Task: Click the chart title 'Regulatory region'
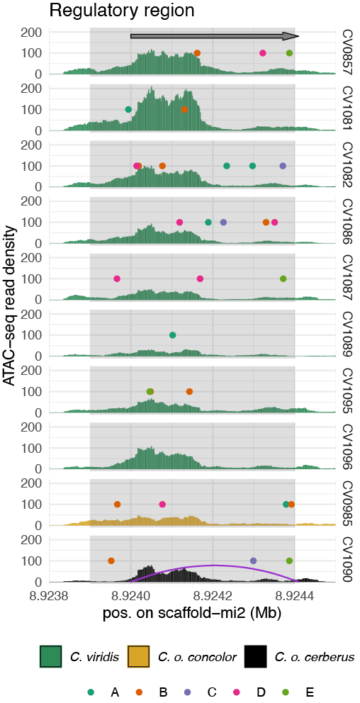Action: click(121, 11)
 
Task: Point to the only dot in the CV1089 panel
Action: click(173, 335)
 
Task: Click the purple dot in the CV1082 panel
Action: click(283, 166)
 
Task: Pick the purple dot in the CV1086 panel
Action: click(223, 223)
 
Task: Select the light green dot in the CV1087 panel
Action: click(283, 279)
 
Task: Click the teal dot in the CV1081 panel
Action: click(128, 109)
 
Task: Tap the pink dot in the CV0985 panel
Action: click(162, 505)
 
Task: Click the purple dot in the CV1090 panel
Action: click(253, 561)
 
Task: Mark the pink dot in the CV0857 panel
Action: click(263, 53)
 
